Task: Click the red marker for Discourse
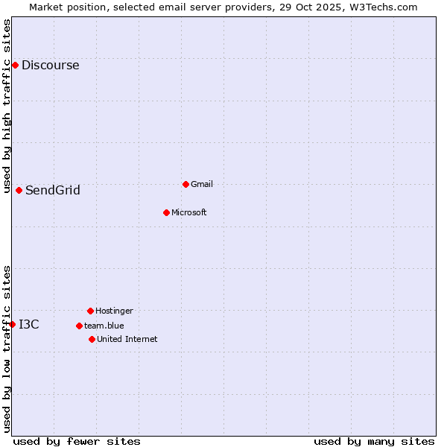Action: (x=15, y=66)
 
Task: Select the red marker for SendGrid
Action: (x=19, y=190)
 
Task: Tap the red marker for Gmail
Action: (x=186, y=184)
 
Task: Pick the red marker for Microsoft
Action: (x=166, y=212)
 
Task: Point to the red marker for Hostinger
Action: (x=90, y=311)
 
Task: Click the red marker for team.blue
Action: (x=79, y=326)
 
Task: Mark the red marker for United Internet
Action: (x=92, y=339)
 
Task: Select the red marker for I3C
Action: (x=12, y=324)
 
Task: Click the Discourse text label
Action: (x=51, y=66)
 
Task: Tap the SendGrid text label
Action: (x=53, y=190)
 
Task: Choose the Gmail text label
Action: (x=202, y=184)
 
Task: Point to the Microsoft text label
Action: (x=189, y=212)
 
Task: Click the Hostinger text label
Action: (x=114, y=311)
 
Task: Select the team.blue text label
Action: (x=104, y=326)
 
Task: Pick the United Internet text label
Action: (x=127, y=339)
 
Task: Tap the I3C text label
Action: (x=29, y=324)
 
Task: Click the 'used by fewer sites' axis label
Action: (x=77, y=441)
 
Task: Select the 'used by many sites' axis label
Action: (x=374, y=441)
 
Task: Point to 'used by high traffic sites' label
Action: (x=7, y=106)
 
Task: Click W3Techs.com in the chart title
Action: (x=380, y=7)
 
